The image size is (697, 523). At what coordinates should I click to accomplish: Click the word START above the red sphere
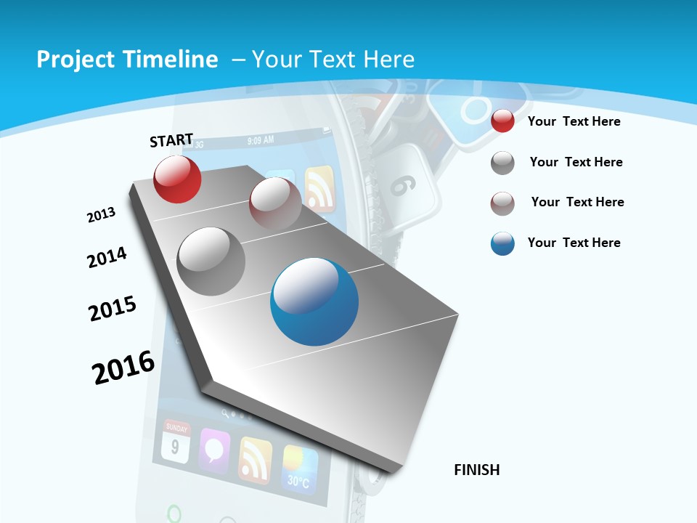coord(171,140)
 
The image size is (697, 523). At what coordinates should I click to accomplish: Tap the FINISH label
coord(477,470)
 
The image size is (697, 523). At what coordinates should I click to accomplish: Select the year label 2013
coord(101,215)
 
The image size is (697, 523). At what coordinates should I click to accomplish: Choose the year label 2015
coord(113,309)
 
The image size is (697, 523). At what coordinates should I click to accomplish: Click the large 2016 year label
coord(123,367)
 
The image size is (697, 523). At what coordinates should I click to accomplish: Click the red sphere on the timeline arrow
coord(177,179)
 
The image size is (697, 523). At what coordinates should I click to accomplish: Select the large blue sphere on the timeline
coord(314,301)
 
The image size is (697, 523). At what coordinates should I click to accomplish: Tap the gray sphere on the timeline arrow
coord(211,261)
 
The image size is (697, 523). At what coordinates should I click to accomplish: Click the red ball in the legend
coord(502,121)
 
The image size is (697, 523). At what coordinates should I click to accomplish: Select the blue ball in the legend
coord(502,243)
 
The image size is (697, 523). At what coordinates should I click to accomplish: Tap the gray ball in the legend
coord(502,163)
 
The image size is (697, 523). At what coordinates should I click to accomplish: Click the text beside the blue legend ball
coord(574,243)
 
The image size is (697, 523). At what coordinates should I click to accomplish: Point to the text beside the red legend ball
coord(574,121)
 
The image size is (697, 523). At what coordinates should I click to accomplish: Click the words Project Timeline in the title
coord(127,60)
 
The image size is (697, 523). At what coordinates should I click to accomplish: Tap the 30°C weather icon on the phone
coord(300,469)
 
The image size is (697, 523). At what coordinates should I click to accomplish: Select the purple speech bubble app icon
coord(214,450)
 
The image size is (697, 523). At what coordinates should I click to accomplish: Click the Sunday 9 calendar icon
coord(176,442)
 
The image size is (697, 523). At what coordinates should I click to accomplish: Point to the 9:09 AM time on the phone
coord(260,139)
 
